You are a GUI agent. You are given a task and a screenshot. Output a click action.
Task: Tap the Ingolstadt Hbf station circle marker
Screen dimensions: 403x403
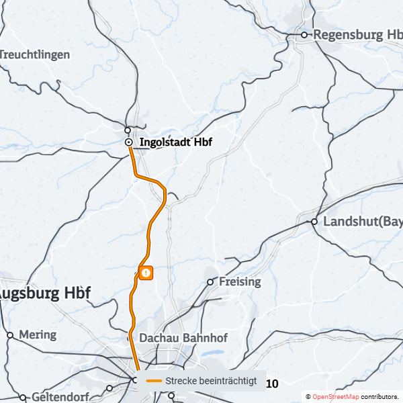pyautogui.click(x=128, y=142)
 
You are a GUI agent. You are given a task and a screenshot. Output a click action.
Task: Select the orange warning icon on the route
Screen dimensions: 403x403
pyautogui.click(x=146, y=272)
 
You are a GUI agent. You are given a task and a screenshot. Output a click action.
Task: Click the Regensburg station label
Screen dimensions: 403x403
pyautogui.click(x=357, y=34)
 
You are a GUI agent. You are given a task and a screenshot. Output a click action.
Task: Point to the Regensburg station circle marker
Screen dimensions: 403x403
pyautogui.click(x=304, y=34)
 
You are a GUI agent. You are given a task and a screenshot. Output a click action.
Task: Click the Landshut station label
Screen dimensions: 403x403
pyautogui.click(x=363, y=222)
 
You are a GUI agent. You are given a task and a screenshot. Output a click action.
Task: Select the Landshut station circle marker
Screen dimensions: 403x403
pyautogui.click(x=314, y=222)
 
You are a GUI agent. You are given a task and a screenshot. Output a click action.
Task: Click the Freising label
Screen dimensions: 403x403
pyautogui.click(x=240, y=281)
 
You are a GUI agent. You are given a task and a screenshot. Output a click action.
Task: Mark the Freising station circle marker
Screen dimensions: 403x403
pyautogui.click(x=210, y=281)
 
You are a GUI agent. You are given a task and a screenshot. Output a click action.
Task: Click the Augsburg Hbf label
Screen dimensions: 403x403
pyautogui.click(x=44, y=294)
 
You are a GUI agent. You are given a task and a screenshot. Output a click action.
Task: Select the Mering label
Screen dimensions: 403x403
pyautogui.click(x=38, y=334)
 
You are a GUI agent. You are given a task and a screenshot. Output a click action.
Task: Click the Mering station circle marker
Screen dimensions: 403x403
pyautogui.click(x=9, y=334)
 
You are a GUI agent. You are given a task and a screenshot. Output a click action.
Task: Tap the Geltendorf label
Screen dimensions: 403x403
pyautogui.click(x=60, y=397)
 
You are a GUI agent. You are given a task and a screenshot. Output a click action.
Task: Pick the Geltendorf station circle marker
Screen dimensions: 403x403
pyautogui.click(x=24, y=397)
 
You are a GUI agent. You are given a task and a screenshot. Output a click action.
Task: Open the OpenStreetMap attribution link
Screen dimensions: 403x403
pyautogui.click(x=335, y=397)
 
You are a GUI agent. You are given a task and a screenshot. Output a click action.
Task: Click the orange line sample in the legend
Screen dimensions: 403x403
pyautogui.click(x=154, y=381)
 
